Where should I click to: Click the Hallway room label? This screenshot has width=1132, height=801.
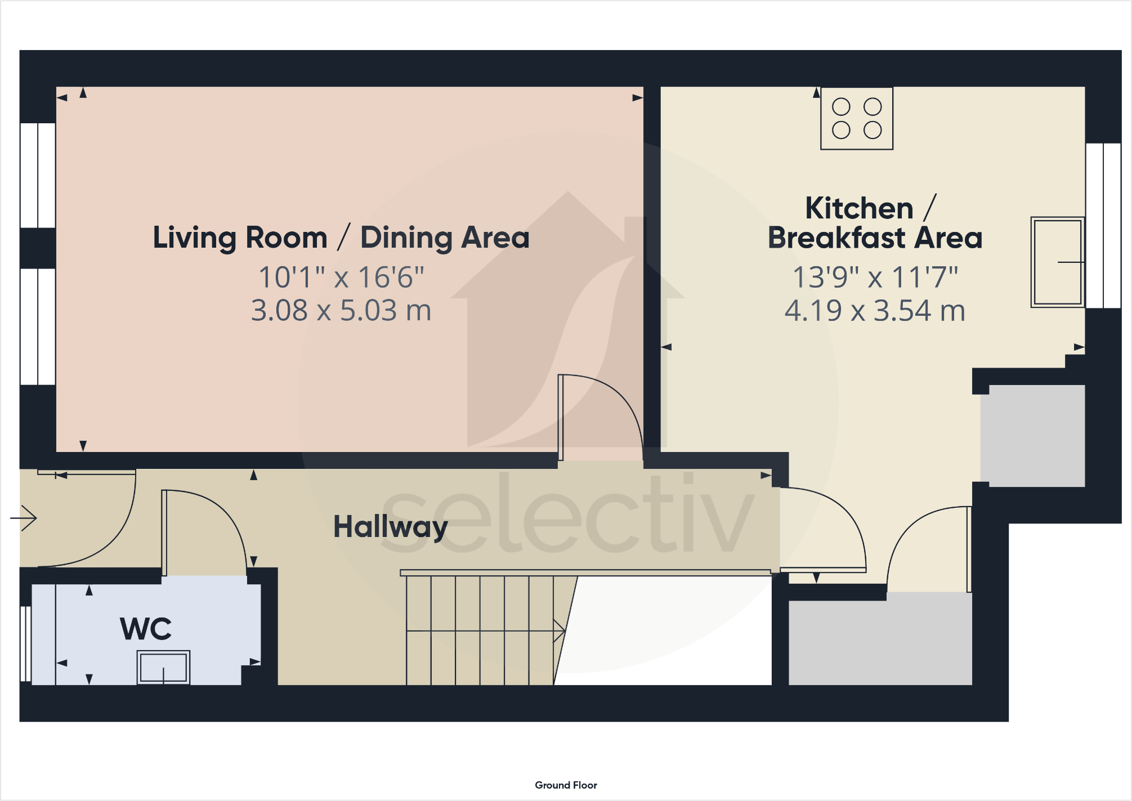pos(391,527)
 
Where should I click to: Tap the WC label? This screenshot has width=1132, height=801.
pos(146,629)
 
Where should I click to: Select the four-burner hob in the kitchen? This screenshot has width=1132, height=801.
pos(857,118)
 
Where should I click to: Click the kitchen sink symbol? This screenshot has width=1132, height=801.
pos(1057,262)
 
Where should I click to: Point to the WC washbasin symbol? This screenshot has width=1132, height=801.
pos(163,667)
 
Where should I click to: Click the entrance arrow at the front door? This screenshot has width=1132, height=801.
pos(24,518)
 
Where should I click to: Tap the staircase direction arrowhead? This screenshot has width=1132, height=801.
pos(560,631)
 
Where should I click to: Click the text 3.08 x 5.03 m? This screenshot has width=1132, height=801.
pos(341,311)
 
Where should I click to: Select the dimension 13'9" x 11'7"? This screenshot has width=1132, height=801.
pos(875,278)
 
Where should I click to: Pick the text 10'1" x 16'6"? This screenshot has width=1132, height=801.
pos(341,278)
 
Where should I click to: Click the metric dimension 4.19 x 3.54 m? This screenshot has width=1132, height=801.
pos(875,311)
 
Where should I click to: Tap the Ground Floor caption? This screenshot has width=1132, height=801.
pos(566,785)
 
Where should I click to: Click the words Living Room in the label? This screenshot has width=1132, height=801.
pos(240,238)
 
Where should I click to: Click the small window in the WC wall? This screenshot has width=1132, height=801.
pos(25,643)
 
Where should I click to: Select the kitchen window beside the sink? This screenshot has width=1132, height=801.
pos(1103,225)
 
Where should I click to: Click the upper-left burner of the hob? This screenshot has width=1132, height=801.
pos(841,106)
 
